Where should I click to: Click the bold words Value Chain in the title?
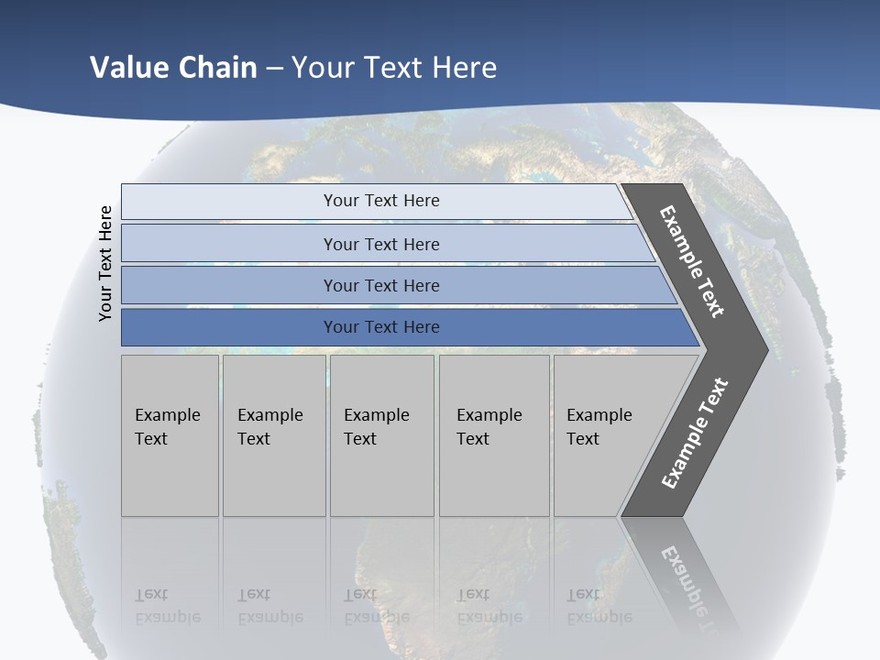tap(173, 67)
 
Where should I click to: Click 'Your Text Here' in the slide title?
tap(394, 67)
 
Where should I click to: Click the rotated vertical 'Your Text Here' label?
tap(105, 263)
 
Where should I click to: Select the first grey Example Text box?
tap(170, 435)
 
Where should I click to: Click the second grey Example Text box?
tap(273, 435)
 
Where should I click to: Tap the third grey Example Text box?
tap(380, 435)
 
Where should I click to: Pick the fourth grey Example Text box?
tap(493, 435)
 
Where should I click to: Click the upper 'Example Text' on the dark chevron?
tap(692, 261)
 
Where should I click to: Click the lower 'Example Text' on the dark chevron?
tap(695, 434)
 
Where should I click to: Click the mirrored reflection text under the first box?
tap(168, 605)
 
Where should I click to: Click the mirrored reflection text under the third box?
tap(377, 605)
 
